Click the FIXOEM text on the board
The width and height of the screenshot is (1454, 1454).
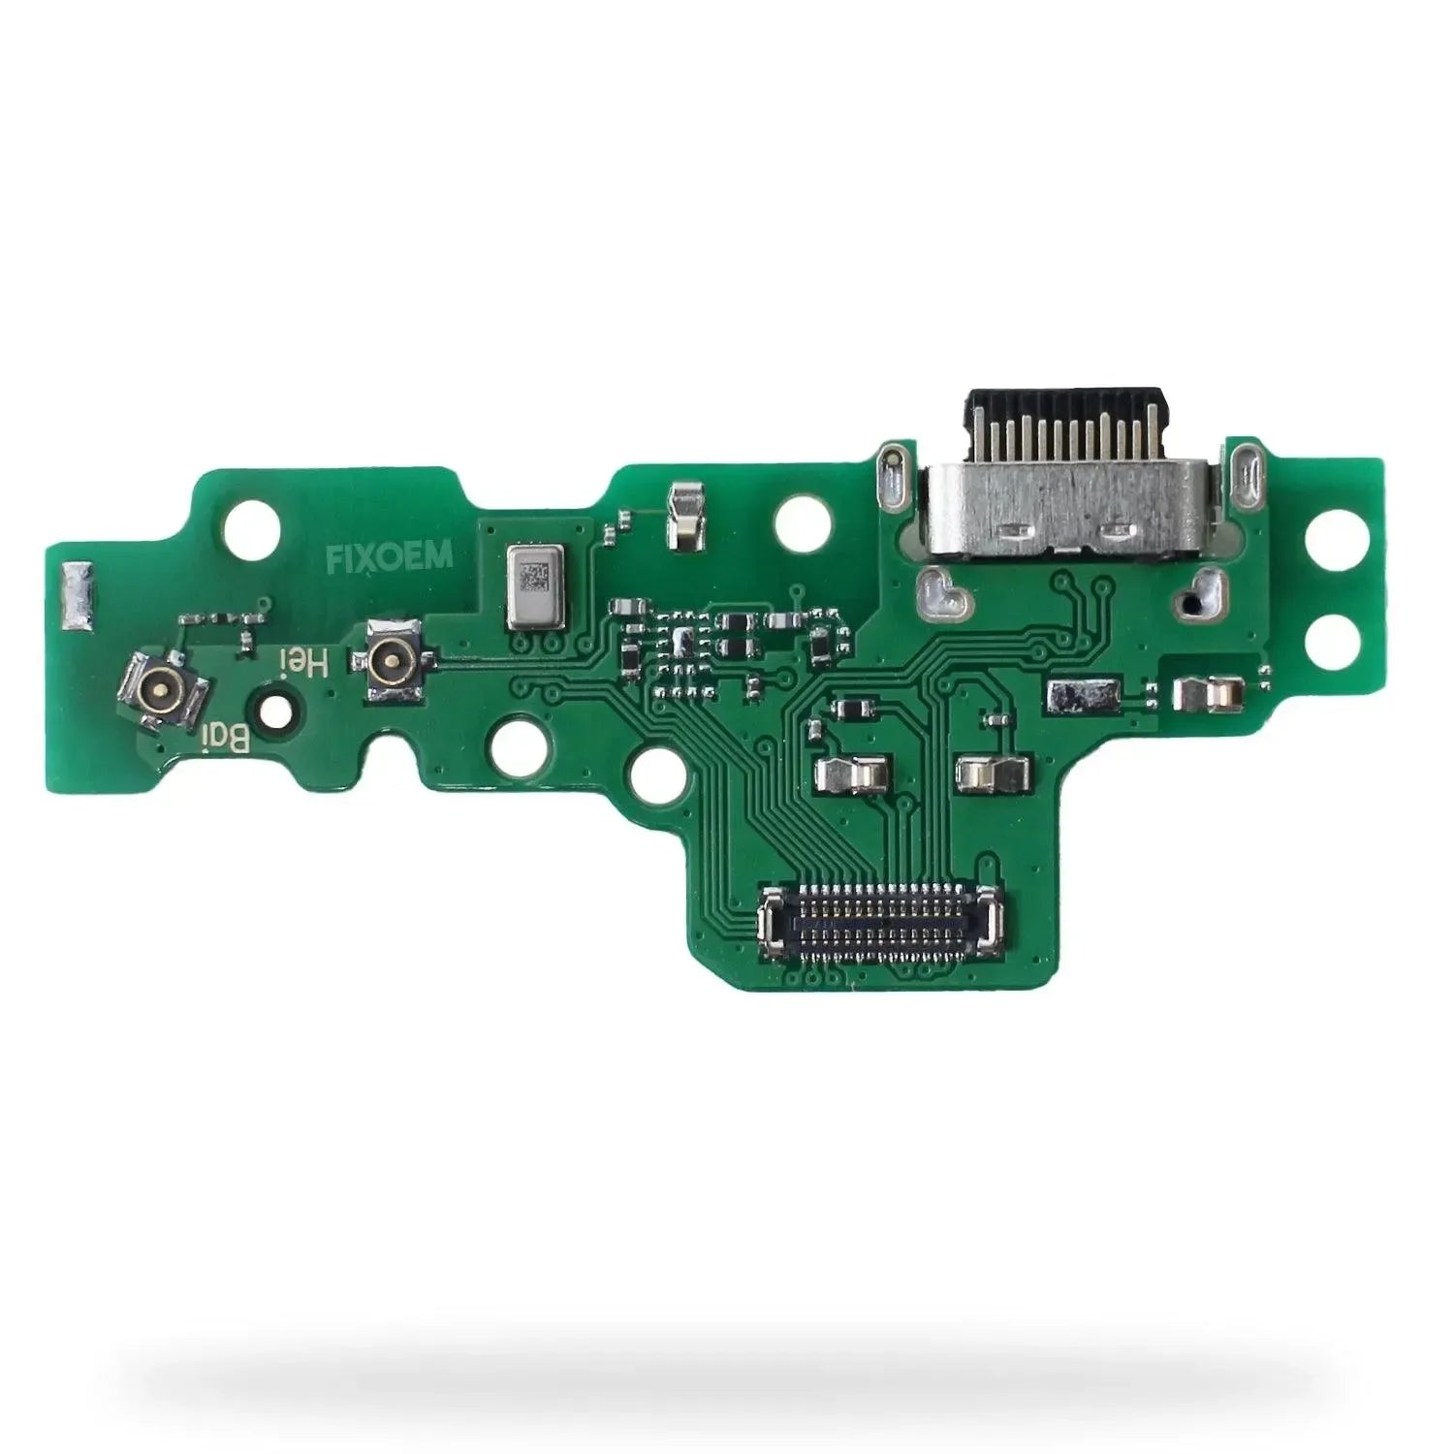pos(389,557)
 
